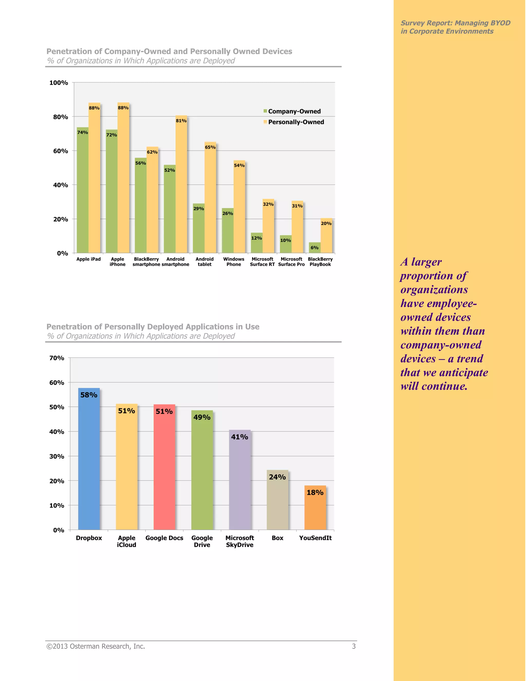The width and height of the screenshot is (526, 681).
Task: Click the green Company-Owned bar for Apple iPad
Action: pyautogui.click(x=83, y=193)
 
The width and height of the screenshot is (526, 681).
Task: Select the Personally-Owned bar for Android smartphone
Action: pyautogui.click(x=181, y=187)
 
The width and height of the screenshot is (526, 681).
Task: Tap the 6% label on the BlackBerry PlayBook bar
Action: pyautogui.click(x=314, y=247)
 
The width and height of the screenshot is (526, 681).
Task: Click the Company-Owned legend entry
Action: pyautogui.click(x=292, y=111)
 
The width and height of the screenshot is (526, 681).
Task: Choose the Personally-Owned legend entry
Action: pyautogui.click(x=294, y=122)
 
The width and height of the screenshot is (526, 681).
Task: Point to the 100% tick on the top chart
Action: pyautogui.click(x=59, y=83)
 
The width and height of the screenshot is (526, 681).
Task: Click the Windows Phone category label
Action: pyautogui.click(x=233, y=262)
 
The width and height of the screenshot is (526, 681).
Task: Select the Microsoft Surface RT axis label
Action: pyautogui.click(x=262, y=262)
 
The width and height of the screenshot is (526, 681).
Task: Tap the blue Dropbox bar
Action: pyautogui.click(x=89, y=462)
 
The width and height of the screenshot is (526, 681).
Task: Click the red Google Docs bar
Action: pyautogui.click(x=164, y=471)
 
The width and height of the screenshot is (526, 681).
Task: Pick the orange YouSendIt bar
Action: pyautogui.click(x=315, y=511)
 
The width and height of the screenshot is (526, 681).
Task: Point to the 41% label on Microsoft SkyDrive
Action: pyautogui.click(x=239, y=437)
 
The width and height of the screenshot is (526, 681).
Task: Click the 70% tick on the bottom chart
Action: pyautogui.click(x=57, y=358)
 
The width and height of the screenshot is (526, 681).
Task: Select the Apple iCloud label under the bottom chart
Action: pyautogui.click(x=127, y=541)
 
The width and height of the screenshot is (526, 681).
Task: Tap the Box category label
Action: pyautogui.click(x=277, y=538)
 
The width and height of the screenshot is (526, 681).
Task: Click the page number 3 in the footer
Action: pyautogui.click(x=354, y=646)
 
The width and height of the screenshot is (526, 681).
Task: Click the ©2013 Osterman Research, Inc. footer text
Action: pyautogui.click(x=96, y=646)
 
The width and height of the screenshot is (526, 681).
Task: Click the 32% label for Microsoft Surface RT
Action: pyautogui.click(x=268, y=204)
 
